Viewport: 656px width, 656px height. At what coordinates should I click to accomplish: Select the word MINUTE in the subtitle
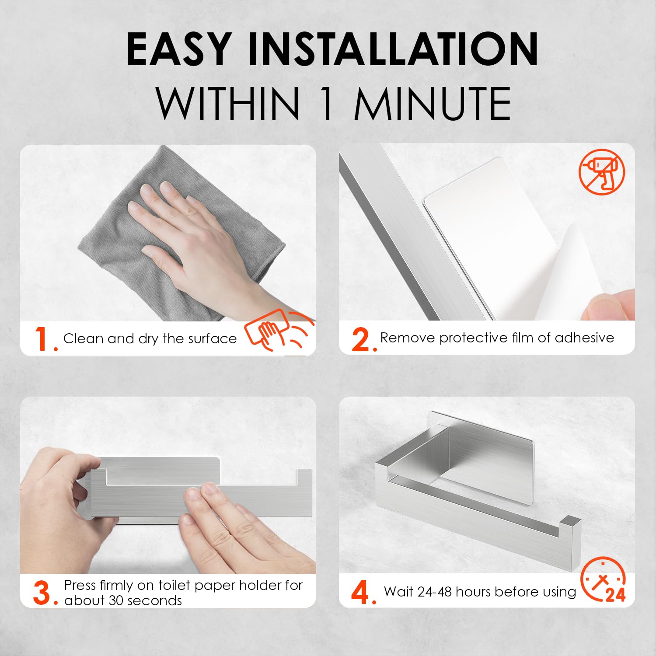(433, 104)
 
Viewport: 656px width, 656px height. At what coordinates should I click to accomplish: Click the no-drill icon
(602, 171)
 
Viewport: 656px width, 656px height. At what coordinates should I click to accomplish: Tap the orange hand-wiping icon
(279, 331)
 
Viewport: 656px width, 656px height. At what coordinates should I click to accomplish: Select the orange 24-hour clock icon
(604, 580)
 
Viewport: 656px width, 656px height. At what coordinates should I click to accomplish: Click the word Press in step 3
(80, 585)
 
